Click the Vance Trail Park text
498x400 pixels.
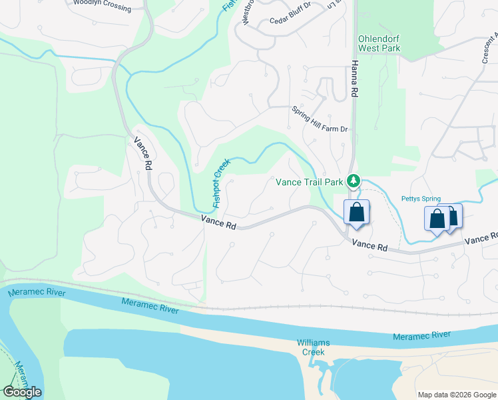(309, 181)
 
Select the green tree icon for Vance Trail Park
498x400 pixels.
(355, 180)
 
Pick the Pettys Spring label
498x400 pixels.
(420, 199)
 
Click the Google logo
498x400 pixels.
(22, 392)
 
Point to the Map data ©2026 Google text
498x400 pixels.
(457, 395)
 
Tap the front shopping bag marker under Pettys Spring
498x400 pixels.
(437, 218)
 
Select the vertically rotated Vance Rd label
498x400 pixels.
(143, 153)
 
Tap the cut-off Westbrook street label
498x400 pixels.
(248, 13)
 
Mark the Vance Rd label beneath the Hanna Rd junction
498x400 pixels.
(370, 245)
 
